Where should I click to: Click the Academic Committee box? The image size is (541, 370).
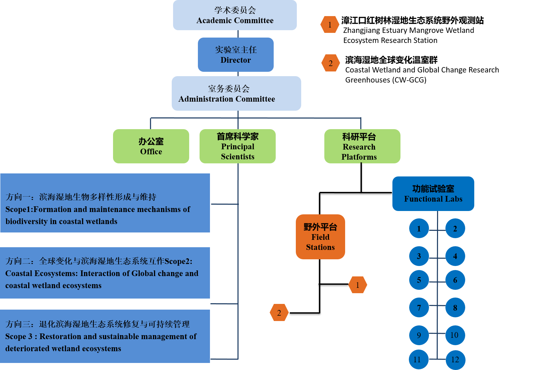click(235, 15)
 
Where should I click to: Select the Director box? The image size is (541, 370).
click(235, 55)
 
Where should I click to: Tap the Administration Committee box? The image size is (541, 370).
click(236, 94)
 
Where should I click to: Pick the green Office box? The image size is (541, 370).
click(151, 146)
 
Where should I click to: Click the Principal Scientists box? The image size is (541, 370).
click(237, 146)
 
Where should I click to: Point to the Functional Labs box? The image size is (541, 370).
click(433, 194)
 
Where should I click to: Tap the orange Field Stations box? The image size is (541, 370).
click(320, 237)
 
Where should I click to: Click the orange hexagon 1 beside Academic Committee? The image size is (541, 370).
click(330, 25)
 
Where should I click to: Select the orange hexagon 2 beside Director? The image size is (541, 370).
click(330, 63)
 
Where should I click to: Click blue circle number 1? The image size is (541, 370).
click(419, 228)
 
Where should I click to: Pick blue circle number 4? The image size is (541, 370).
click(455, 256)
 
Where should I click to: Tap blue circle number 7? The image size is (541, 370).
click(419, 308)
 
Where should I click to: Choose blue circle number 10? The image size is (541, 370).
click(455, 335)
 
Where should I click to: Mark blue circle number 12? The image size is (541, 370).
click(455, 360)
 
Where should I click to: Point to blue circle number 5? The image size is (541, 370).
click(419, 280)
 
